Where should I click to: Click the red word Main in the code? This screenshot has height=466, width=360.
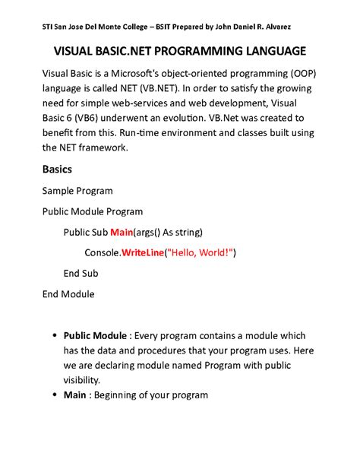(122, 231)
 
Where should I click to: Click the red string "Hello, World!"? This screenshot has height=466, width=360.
(201, 252)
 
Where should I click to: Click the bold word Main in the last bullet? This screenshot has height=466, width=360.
(74, 395)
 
